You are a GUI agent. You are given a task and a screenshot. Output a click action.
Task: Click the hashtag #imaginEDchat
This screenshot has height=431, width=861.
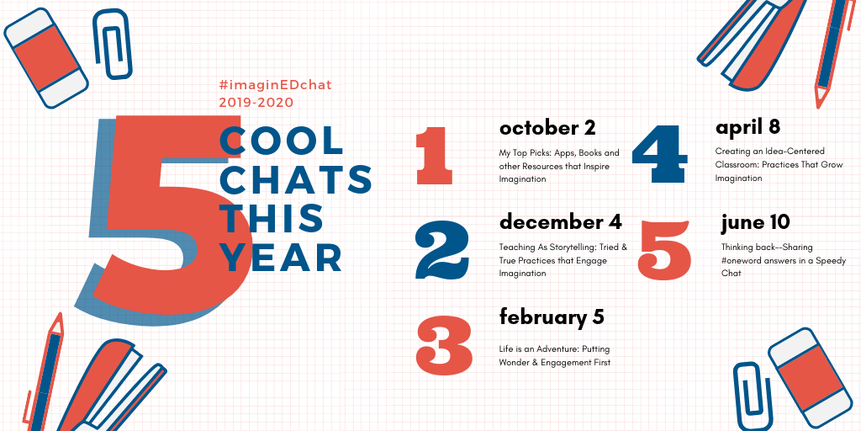coord(275,85)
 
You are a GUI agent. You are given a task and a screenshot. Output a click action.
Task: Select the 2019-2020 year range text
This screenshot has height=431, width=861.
coord(256,102)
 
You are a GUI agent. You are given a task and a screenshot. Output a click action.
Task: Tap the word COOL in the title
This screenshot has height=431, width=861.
coord(282,141)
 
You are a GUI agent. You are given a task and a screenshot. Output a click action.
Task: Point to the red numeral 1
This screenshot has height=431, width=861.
coord(434,156)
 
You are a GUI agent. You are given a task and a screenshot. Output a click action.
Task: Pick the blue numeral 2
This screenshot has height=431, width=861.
coord(442,250)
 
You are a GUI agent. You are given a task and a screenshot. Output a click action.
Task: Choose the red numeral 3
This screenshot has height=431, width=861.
coord(444,344)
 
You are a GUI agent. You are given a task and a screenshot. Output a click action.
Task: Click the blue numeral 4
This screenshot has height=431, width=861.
coord(659,155)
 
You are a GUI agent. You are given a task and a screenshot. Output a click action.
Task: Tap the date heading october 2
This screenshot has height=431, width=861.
coord(547,128)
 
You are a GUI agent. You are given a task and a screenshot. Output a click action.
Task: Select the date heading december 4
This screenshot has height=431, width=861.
coord(561,222)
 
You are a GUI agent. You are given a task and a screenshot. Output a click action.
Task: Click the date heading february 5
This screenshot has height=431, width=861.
coord(552,317)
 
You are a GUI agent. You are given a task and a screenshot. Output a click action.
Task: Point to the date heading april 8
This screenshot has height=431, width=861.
coord(747,128)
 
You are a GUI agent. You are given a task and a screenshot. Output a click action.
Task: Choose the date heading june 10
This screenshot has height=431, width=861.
coord(756,222)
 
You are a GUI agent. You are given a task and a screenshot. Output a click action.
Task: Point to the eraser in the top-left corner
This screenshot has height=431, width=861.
coord(46,58)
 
